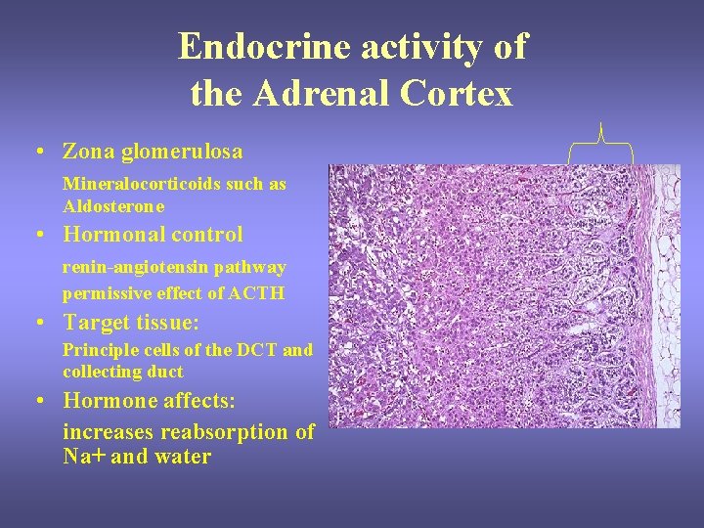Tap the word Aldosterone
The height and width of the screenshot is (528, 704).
pos(113,206)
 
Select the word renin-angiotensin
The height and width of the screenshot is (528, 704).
pos(133,267)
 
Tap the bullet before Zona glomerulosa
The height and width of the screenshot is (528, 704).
pos(35,153)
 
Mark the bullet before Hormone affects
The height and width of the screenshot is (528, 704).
pos(35,401)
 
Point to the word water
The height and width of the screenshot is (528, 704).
pos(181,457)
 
